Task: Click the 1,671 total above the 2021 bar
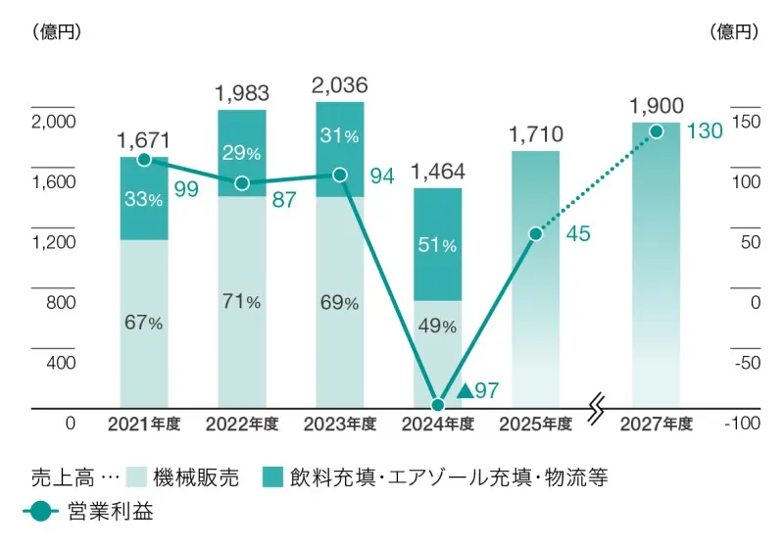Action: [143, 139]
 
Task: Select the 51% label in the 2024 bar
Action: [437, 245]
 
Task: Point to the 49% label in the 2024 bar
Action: [437, 326]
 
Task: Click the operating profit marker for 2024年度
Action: [438, 404]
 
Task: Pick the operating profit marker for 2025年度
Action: [535, 233]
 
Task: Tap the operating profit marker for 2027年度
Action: [656, 131]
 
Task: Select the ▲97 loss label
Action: [479, 391]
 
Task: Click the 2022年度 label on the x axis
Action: [242, 425]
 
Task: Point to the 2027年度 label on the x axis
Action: [657, 425]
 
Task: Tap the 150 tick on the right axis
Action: [746, 122]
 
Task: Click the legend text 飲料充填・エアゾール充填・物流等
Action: [449, 477]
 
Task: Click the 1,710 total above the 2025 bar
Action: [535, 130]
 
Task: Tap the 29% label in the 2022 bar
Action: [241, 153]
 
